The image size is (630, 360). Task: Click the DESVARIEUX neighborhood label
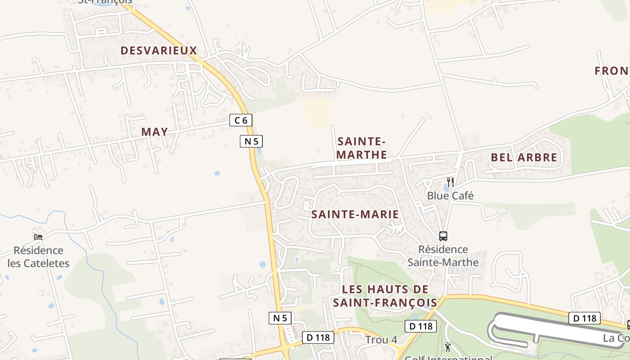(x=159, y=50)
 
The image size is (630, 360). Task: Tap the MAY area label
(x=154, y=132)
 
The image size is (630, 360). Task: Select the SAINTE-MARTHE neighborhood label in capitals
(x=361, y=148)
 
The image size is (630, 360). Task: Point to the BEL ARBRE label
(x=524, y=157)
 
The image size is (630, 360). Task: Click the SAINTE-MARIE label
(x=355, y=214)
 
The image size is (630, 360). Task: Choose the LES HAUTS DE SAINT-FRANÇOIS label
(x=385, y=296)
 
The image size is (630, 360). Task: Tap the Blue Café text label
(x=450, y=196)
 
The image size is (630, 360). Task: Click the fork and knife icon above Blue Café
(x=450, y=182)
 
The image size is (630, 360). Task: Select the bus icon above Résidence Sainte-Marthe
(x=443, y=236)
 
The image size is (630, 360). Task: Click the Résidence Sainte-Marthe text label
(x=443, y=256)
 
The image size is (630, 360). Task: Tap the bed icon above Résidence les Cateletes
(x=38, y=237)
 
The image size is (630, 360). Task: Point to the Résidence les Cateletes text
(x=38, y=257)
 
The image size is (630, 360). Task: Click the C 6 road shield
(x=241, y=120)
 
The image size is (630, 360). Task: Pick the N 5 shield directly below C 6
(x=251, y=141)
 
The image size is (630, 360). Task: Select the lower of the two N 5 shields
(x=280, y=318)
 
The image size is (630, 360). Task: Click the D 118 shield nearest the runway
(x=585, y=319)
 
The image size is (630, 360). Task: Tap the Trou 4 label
(x=381, y=340)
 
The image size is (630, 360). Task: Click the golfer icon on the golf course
(x=448, y=347)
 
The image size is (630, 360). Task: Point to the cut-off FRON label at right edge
(x=612, y=71)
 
